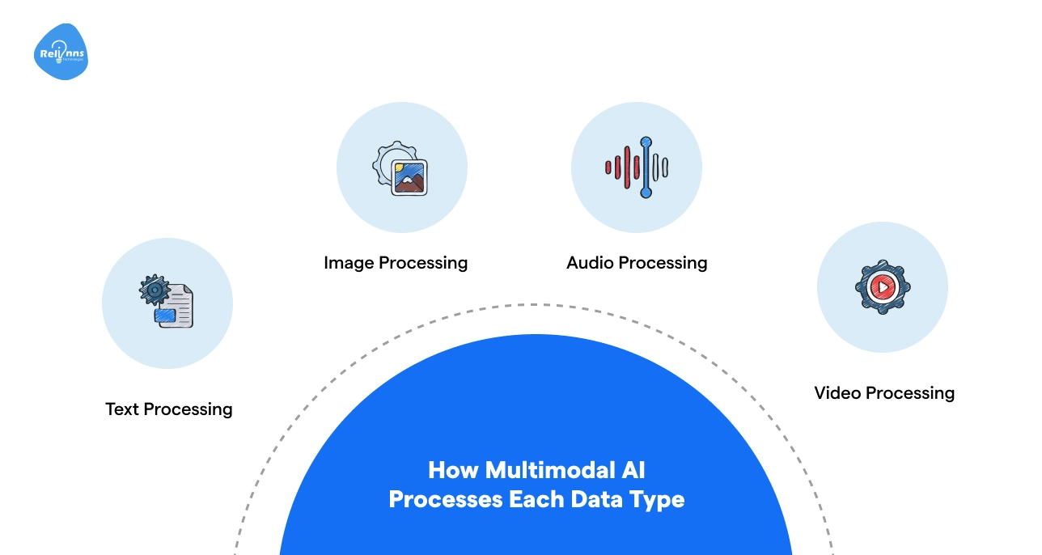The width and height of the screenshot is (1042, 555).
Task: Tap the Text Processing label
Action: (168, 409)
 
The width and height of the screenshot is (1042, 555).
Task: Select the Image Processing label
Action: (395, 263)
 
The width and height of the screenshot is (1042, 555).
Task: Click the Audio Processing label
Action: (637, 263)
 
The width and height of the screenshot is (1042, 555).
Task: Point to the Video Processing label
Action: (884, 393)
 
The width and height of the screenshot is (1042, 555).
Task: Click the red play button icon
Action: (882, 286)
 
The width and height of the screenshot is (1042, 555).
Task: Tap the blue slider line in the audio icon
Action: (646, 167)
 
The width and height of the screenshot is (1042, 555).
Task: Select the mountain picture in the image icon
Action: (409, 177)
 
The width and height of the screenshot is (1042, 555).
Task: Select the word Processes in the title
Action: (445, 499)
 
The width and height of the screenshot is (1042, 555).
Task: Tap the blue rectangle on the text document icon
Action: (166, 316)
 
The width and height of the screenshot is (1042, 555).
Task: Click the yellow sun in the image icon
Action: (400, 168)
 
